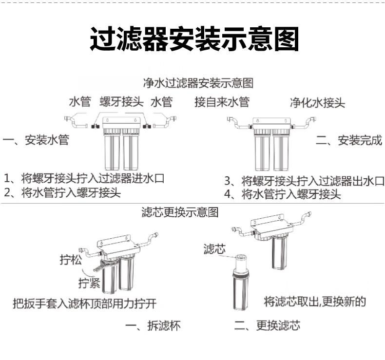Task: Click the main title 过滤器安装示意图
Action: (193, 38)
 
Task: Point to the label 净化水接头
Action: (317, 102)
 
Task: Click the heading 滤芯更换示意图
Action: (180, 212)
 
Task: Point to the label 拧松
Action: (71, 261)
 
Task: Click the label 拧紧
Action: (90, 283)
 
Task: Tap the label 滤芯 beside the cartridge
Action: (214, 250)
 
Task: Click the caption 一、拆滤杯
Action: (153, 326)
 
